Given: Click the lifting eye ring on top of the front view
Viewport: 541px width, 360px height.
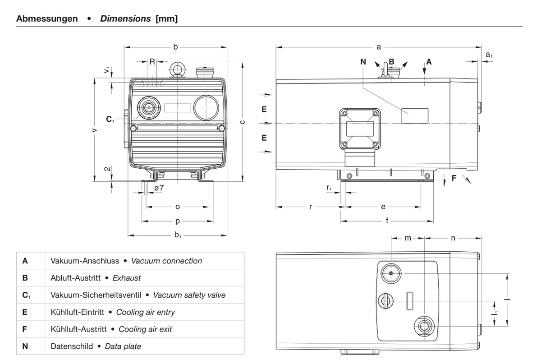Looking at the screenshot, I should coord(178,69).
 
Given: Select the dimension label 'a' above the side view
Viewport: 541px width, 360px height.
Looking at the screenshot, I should coord(379,46).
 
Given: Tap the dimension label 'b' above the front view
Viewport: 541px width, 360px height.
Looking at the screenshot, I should coord(175,46).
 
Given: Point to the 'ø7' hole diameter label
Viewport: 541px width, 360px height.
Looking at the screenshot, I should coord(159,187).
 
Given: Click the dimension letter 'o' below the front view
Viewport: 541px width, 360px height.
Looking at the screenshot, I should coord(178,207).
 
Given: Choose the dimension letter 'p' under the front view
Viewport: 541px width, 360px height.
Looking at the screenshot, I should coord(178,222).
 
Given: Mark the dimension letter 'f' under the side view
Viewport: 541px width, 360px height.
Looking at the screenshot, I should coord(387,222).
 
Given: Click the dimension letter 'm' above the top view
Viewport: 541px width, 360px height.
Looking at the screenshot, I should coord(408,238).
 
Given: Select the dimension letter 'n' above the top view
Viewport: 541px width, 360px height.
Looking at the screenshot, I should coord(453,238).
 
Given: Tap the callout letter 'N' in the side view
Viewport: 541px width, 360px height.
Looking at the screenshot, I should coord(363,62).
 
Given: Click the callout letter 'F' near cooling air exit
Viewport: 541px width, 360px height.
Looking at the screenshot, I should coord(454,178).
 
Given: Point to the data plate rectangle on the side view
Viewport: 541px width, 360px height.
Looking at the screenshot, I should coord(415,115).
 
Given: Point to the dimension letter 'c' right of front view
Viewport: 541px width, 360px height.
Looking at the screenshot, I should coord(243,121).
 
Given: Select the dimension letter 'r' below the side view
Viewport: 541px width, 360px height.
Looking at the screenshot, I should coord(311,207).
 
